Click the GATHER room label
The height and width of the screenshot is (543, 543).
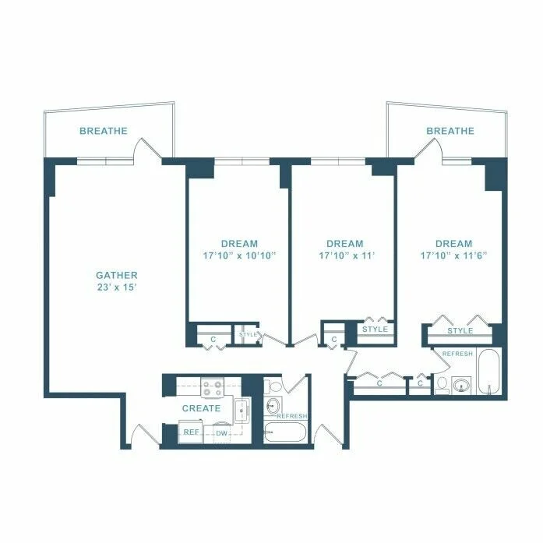(116, 275)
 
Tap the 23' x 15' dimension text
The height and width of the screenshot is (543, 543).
(116, 287)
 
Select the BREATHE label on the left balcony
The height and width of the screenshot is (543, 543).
(103, 132)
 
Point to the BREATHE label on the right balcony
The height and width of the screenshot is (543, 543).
(450, 131)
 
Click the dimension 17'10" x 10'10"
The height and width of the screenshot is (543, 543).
(238, 256)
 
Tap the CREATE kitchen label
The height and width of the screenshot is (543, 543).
(201, 408)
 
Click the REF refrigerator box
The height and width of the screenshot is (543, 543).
(190, 432)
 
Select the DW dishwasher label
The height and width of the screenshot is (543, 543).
(221, 433)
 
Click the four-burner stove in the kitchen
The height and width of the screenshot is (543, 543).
(212, 387)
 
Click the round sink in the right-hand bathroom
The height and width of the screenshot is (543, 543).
(461, 385)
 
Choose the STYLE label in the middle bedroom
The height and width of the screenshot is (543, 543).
(376, 330)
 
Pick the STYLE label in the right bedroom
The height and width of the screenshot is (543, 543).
(460, 331)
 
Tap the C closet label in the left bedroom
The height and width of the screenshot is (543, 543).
(212, 338)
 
